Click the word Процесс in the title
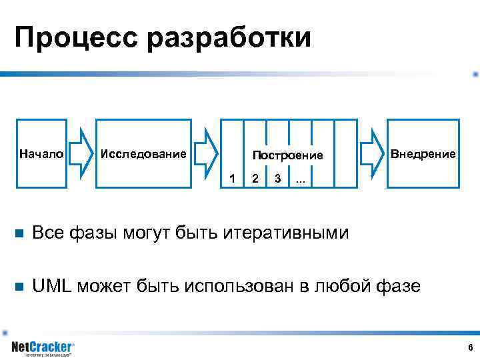point(77,39)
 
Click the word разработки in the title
point(229,39)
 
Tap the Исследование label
point(143,154)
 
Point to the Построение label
point(287,155)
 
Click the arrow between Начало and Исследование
point(82,153)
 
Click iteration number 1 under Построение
point(232,179)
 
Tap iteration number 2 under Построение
point(255,179)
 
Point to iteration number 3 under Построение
point(277,179)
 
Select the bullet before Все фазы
point(19,233)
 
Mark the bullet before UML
point(19,287)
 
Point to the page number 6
point(470,347)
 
